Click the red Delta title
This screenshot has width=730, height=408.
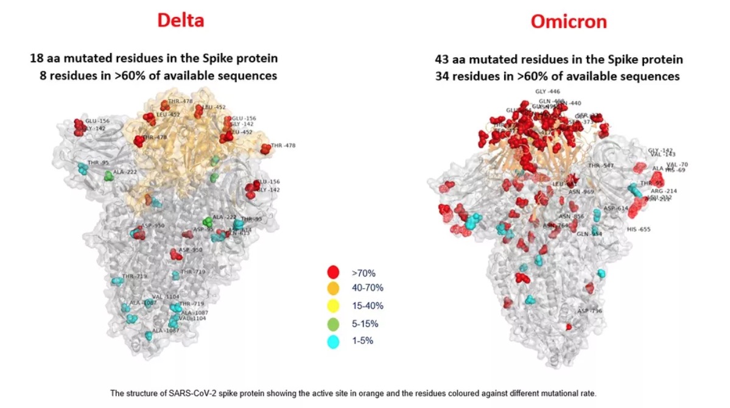pyautogui.click(x=180, y=20)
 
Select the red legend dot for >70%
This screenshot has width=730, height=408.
pyautogui.click(x=332, y=273)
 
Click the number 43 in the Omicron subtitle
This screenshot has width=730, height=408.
pyautogui.click(x=443, y=60)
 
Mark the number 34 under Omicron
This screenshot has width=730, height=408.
pyautogui.click(x=443, y=77)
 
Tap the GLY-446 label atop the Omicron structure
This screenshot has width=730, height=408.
pyautogui.click(x=547, y=91)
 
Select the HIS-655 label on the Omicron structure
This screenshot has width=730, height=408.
pyautogui.click(x=639, y=230)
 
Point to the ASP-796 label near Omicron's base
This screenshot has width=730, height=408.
pyautogui.click(x=589, y=311)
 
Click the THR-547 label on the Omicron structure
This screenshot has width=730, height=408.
pyautogui.click(x=600, y=166)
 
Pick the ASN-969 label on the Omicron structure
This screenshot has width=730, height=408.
pyautogui.click(x=581, y=192)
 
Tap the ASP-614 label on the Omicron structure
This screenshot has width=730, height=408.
pyautogui.click(x=616, y=208)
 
